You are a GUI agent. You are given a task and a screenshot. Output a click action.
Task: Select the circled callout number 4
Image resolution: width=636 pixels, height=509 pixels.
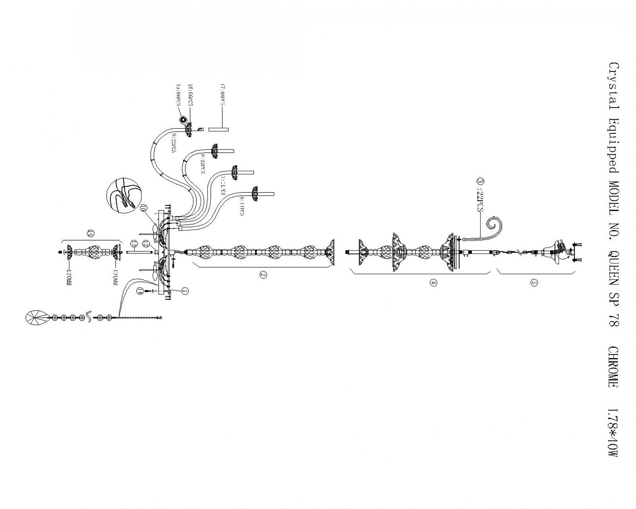(433, 282)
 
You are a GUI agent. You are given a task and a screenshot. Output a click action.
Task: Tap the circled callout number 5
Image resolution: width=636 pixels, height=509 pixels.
(534, 283)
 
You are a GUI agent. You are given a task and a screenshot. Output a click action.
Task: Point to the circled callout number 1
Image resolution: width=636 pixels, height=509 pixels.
(185, 290)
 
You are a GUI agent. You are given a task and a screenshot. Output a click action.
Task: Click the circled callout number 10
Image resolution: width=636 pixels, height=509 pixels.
(143, 209)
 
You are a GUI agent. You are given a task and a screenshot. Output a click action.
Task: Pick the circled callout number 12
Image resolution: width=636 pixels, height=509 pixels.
(146, 244)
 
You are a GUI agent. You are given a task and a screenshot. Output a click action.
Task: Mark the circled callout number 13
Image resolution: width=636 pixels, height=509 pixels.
(134, 244)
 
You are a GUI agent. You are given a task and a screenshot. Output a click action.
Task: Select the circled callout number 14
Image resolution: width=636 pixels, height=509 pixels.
(91, 234)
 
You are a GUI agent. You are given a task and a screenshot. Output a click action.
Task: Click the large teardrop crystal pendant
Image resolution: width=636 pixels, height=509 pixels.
(36, 317)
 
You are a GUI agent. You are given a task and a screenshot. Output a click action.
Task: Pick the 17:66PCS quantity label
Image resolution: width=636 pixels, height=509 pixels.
(223, 95)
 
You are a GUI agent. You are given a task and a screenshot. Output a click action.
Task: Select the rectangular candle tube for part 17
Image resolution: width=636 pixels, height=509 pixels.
(218, 129)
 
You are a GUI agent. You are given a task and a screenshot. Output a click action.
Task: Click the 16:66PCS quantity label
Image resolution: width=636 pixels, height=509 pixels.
(191, 95)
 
